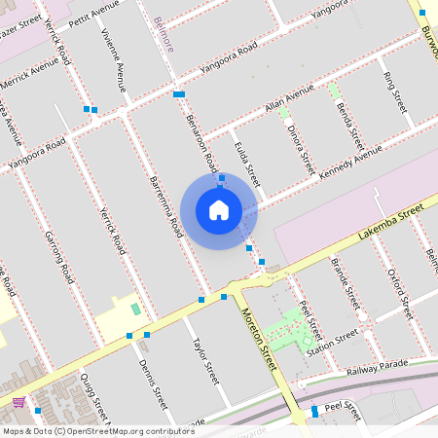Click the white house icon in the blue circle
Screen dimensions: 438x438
(219, 209)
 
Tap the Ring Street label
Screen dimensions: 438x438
(394, 90)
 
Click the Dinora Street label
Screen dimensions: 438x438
(301, 144)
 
